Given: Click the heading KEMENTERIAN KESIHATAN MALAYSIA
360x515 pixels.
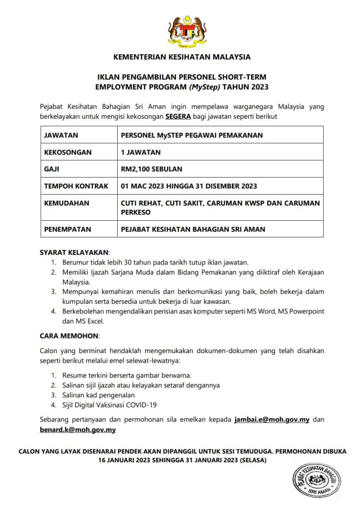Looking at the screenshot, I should pos(182,57).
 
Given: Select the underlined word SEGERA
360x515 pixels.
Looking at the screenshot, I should pos(178,116).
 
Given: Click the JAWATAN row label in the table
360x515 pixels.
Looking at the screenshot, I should pos(61,135).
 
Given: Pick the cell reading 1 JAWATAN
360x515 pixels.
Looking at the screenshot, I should pos(141,152).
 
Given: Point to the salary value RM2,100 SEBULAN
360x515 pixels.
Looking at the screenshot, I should pos(151,169).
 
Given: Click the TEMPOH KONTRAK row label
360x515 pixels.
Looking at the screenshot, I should pos(76,186).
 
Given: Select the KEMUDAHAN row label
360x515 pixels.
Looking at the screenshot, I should pos(66,203).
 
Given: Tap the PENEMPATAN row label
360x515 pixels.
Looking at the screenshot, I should pos(68,229).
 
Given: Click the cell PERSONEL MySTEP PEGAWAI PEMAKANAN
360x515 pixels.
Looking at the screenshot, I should pos(192,135).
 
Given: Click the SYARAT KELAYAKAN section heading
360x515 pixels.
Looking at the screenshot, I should pos(74,252).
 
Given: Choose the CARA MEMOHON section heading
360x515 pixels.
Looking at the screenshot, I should pos(69,334).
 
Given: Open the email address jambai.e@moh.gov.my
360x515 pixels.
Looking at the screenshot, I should pos(272,419).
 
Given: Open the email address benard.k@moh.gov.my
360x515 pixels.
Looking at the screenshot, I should pos(78,430).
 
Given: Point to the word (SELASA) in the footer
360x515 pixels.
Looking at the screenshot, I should pos(254,460).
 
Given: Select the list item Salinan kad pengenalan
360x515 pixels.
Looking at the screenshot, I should pos(99,395).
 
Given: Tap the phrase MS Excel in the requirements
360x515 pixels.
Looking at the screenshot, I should pos(91,321).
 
